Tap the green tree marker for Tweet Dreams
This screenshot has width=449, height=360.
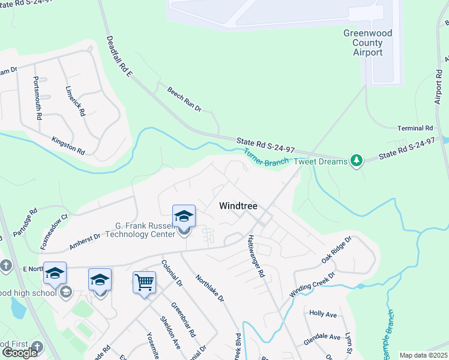click(357, 161)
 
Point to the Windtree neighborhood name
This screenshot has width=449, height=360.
click(238, 206)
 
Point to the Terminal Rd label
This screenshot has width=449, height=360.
click(415, 128)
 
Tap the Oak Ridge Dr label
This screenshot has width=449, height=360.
click(336, 250)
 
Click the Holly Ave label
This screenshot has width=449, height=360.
click(323, 313)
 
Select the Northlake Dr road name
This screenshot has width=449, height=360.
click(211, 289)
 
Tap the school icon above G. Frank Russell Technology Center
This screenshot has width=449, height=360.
click(184, 216)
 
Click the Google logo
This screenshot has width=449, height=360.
click(20, 353)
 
